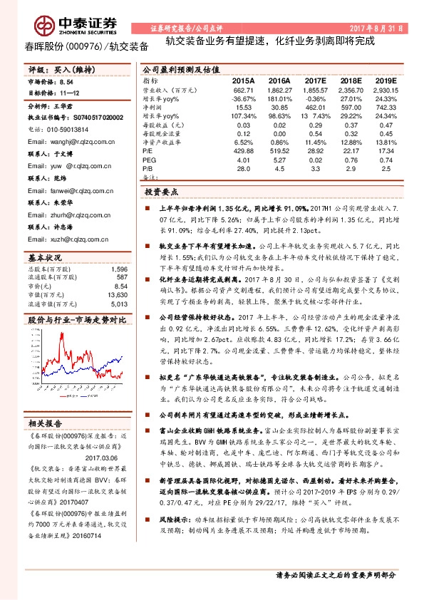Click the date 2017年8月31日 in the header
[376, 28]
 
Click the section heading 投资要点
[161, 192]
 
